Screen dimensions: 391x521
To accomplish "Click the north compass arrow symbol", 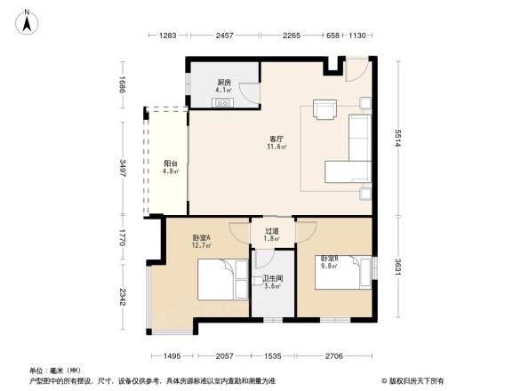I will pyautogui.click(x=28, y=20).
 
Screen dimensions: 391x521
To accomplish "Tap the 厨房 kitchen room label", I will pyautogui.click(x=224, y=86).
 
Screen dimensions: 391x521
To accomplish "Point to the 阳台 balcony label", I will pyautogui.click(x=171, y=167).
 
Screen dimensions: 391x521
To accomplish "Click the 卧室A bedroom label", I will pyautogui.click(x=202, y=241).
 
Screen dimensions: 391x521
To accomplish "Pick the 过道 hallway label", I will pyautogui.click(x=272, y=235).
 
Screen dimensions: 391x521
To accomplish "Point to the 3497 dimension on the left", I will pyautogui.click(x=124, y=167).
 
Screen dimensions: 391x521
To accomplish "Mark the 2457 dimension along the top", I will pyautogui.click(x=224, y=36).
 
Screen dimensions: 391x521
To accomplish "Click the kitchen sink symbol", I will pyautogui.click(x=223, y=101).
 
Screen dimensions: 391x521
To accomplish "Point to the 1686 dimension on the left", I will pyautogui.click(x=124, y=84).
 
